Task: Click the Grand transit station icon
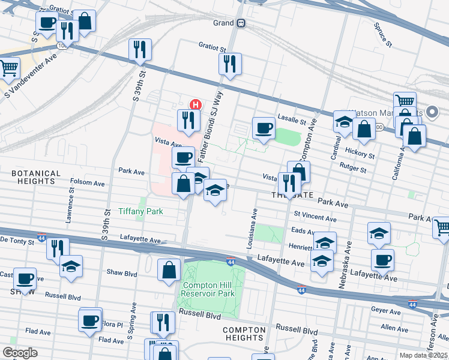(x=241, y=23)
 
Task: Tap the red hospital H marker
(x=194, y=104)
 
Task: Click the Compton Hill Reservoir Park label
(x=208, y=289)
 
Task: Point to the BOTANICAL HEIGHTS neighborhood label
(x=36, y=178)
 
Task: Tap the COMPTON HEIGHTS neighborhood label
(x=244, y=335)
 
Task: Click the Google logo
(x=20, y=353)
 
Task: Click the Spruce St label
(x=382, y=35)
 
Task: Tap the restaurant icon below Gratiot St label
(x=229, y=64)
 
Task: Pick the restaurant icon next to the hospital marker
(x=188, y=120)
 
